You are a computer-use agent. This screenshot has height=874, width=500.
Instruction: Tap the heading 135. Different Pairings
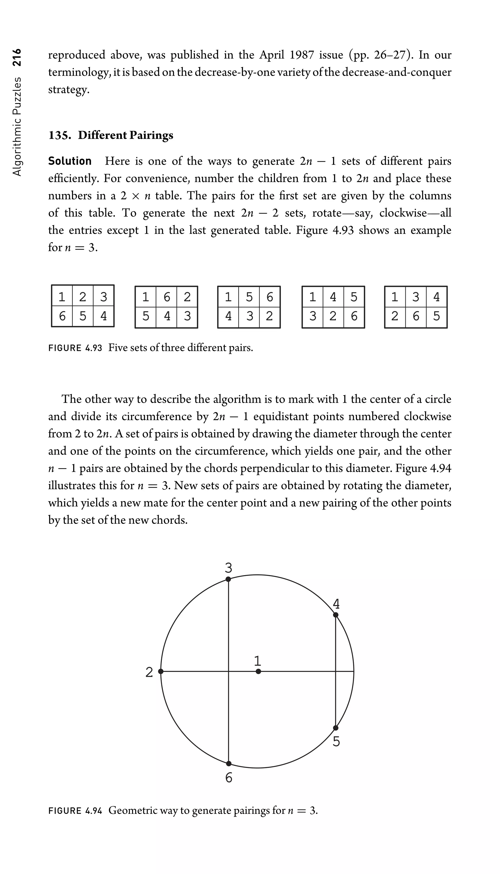tap(111, 135)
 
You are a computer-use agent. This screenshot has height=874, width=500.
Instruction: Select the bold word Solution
tap(70, 161)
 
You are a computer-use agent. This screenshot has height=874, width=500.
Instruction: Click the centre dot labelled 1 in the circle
tap(258, 671)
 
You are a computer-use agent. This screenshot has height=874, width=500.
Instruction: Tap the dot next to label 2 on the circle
tap(161, 671)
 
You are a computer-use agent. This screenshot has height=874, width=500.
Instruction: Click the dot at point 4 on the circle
tap(336, 615)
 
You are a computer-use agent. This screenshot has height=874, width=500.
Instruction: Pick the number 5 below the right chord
tap(336, 742)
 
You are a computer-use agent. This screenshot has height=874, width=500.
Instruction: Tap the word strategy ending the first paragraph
tap(68, 90)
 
